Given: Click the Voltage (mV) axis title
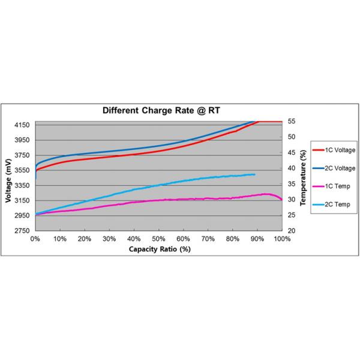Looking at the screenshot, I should (8, 176).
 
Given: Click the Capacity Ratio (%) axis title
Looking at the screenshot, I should (158, 248).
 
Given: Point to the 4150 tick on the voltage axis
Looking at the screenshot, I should (22, 125).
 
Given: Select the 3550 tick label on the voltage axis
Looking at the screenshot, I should (22, 170).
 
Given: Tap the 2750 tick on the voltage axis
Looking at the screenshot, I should (22, 230).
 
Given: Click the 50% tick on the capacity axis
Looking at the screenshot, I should (158, 238).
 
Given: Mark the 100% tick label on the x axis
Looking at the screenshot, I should (282, 238).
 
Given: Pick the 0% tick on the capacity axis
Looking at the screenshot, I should (35, 238).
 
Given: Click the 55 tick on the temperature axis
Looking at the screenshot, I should (292, 121).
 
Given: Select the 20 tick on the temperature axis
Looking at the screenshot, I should (292, 230).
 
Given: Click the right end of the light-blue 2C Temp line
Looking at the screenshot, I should (254, 175).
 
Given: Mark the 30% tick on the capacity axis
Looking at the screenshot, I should (109, 238).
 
